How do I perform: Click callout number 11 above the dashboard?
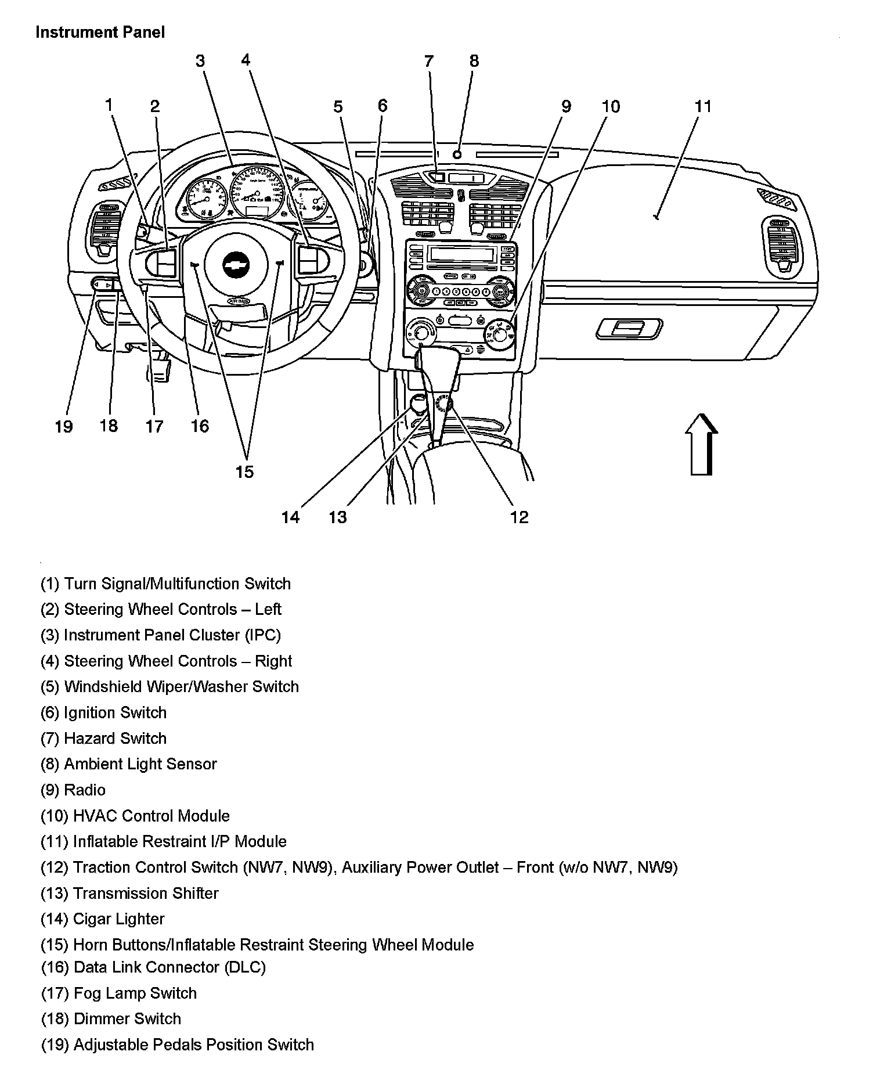tap(702, 106)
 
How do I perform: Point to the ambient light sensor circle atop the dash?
tap(457, 154)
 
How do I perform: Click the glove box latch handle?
tap(629, 328)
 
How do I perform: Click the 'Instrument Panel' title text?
tap(100, 33)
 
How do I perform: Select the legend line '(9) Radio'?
tap(73, 790)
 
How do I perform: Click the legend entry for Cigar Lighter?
tap(102, 919)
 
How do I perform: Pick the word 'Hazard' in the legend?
tap(89, 738)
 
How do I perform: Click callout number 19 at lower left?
tap(64, 426)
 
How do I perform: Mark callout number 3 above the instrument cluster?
tap(200, 61)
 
